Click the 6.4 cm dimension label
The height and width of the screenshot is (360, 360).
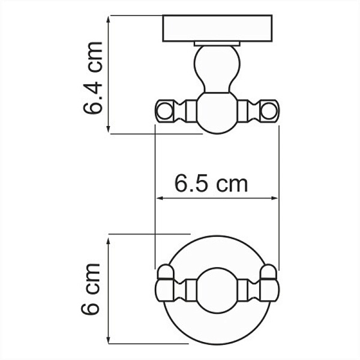(x=94, y=77)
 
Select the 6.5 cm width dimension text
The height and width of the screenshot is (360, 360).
(x=211, y=183)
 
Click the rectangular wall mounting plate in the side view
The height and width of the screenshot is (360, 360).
(x=217, y=28)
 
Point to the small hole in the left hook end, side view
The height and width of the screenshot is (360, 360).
(x=164, y=110)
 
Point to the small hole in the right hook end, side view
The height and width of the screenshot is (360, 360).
(x=270, y=110)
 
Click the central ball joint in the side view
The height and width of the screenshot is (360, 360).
(x=217, y=112)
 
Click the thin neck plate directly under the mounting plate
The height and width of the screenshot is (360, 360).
(x=217, y=43)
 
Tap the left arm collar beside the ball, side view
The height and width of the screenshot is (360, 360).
(x=191, y=110)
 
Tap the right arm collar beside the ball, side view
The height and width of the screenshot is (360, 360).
(x=243, y=110)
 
